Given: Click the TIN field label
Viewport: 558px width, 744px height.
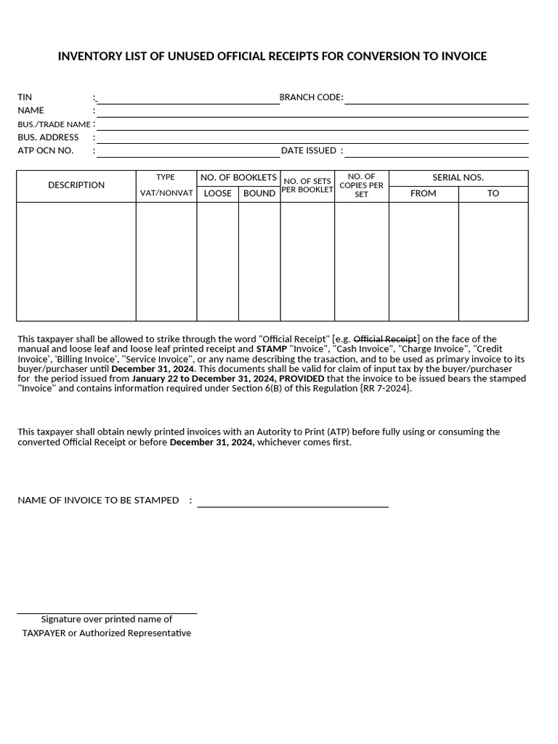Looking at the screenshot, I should click(x=25, y=97).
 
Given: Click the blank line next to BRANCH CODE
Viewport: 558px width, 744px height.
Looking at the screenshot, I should click(x=436, y=102).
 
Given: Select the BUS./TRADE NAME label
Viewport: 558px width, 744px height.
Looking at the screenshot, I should click(x=54, y=124).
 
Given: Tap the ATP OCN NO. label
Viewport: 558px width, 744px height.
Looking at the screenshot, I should click(x=45, y=150).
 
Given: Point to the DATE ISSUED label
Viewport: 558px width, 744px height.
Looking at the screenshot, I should click(x=309, y=150).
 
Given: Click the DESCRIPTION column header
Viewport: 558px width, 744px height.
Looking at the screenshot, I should click(x=76, y=185).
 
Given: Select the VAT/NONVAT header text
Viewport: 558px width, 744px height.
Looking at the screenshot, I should click(x=166, y=193).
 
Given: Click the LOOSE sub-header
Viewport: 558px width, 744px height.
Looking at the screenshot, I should click(x=217, y=193).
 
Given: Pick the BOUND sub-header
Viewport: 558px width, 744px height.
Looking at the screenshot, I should click(x=259, y=193).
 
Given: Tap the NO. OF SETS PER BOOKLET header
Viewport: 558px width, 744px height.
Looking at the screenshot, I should click(x=307, y=185).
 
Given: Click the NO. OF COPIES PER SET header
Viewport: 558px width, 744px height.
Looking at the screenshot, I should click(x=361, y=185).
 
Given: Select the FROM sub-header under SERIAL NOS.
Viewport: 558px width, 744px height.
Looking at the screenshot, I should click(x=424, y=193).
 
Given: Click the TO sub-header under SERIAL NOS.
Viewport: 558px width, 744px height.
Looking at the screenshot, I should click(x=493, y=193).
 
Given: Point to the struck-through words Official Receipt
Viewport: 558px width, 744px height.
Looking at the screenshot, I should click(x=385, y=339).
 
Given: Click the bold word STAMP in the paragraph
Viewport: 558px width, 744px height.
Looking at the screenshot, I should click(x=271, y=349).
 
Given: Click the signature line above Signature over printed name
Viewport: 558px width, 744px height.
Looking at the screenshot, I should click(x=107, y=612).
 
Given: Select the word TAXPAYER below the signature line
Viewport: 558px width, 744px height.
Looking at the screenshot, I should click(x=44, y=633).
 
